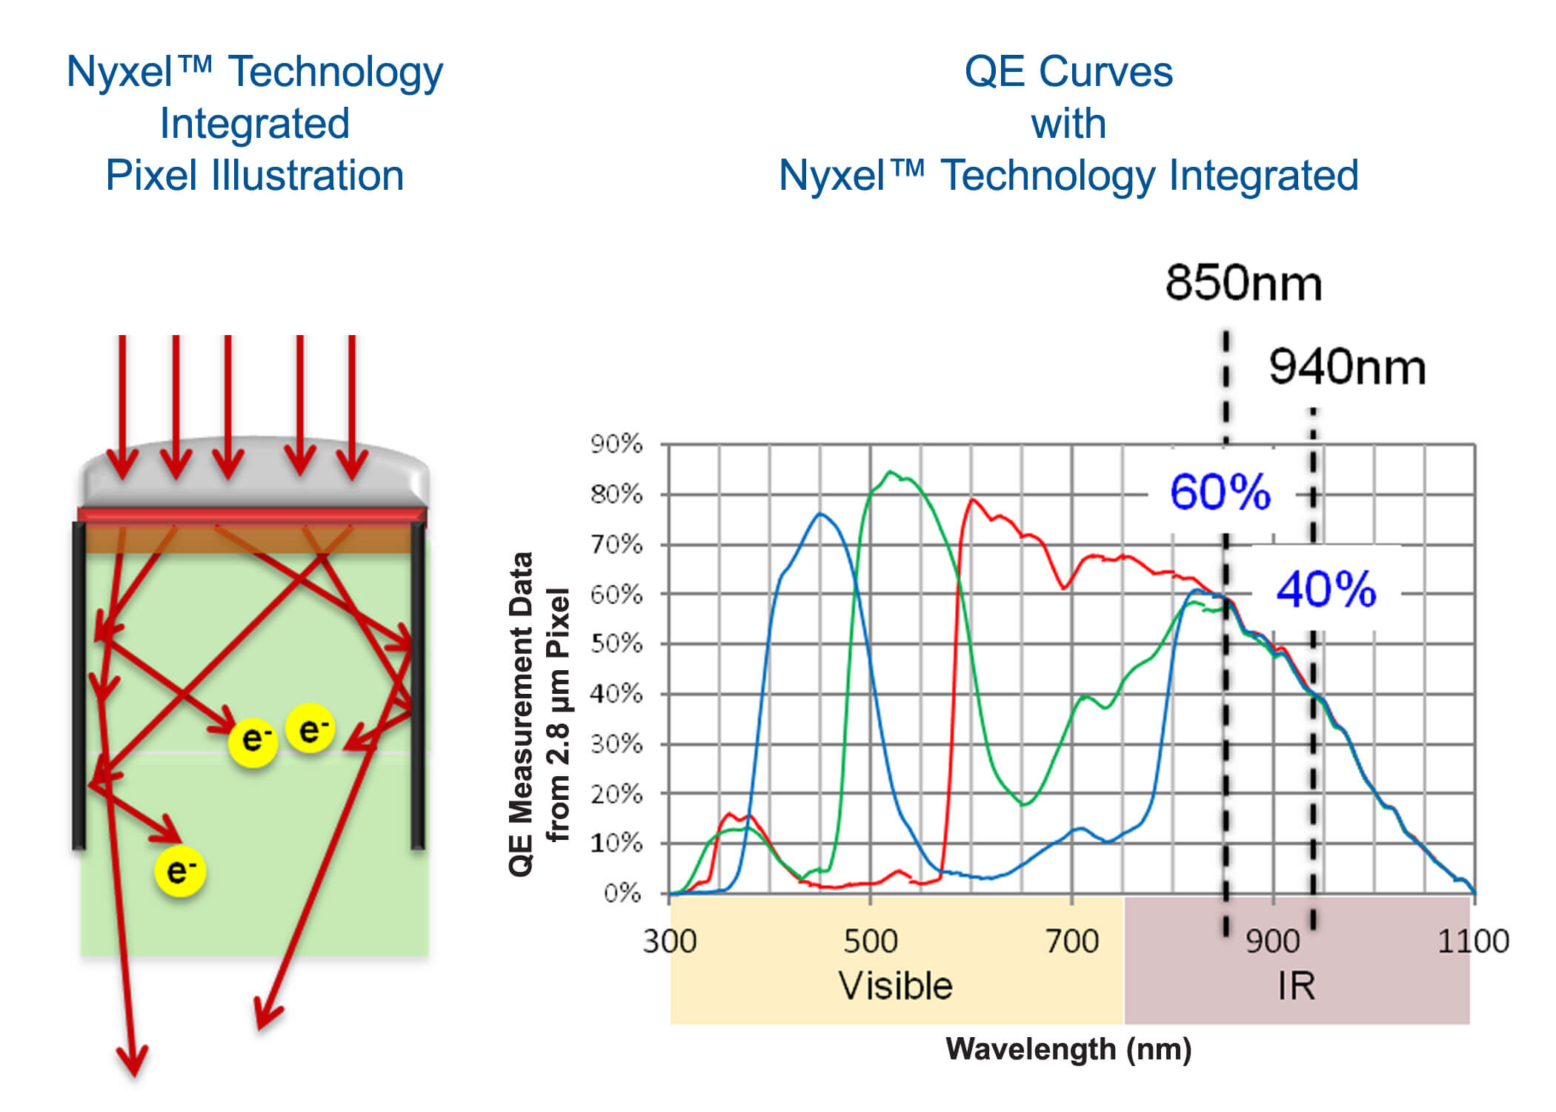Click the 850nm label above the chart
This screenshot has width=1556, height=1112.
1243,283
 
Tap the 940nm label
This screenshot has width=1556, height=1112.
1347,367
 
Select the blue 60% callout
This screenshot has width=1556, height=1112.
1220,492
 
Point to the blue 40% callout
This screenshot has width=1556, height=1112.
1326,590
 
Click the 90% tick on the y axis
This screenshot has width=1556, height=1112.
616,444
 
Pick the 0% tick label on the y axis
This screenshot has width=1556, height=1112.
622,893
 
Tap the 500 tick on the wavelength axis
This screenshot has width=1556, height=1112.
870,941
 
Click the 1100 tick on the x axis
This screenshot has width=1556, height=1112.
1472,941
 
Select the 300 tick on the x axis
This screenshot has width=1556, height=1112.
669,941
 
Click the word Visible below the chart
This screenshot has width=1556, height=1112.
895,986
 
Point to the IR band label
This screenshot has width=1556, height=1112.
1296,986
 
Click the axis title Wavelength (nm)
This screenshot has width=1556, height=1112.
1068,1049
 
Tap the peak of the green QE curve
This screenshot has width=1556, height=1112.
890,471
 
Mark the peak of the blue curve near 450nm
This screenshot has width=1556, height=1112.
820,513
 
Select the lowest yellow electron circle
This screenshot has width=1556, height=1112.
180,870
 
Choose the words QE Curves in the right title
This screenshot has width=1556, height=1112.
1068,72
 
